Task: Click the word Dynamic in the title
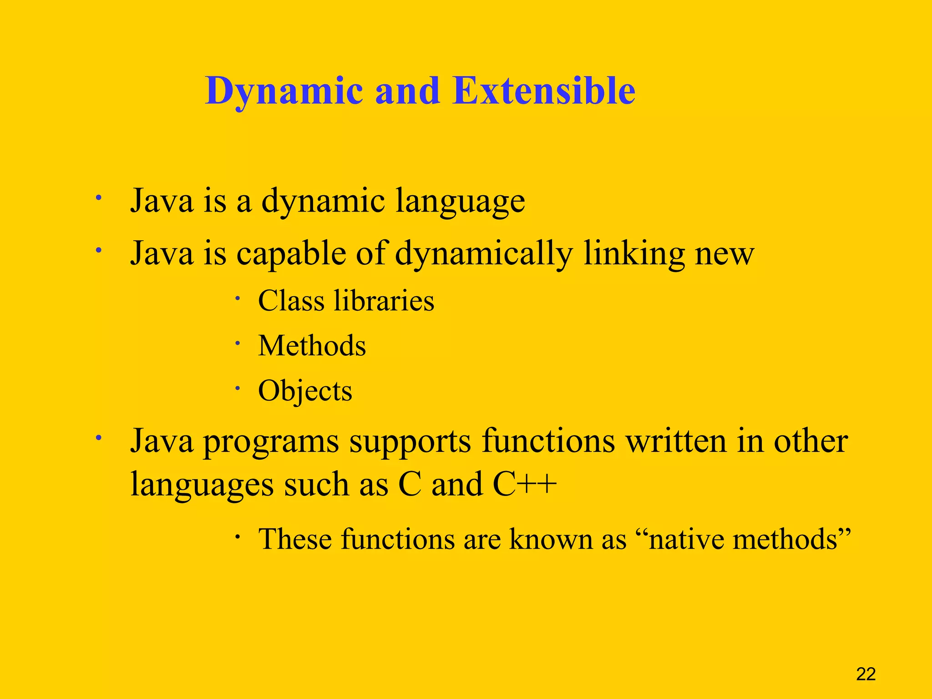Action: (284, 91)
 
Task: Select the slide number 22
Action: (866, 674)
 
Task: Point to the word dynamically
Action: (483, 253)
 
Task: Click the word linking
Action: (633, 253)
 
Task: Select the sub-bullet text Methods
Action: (312, 346)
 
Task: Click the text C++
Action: (524, 484)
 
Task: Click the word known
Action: (551, 540)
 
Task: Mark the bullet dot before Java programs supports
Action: (98, 438)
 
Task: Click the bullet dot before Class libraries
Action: (237, 299)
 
